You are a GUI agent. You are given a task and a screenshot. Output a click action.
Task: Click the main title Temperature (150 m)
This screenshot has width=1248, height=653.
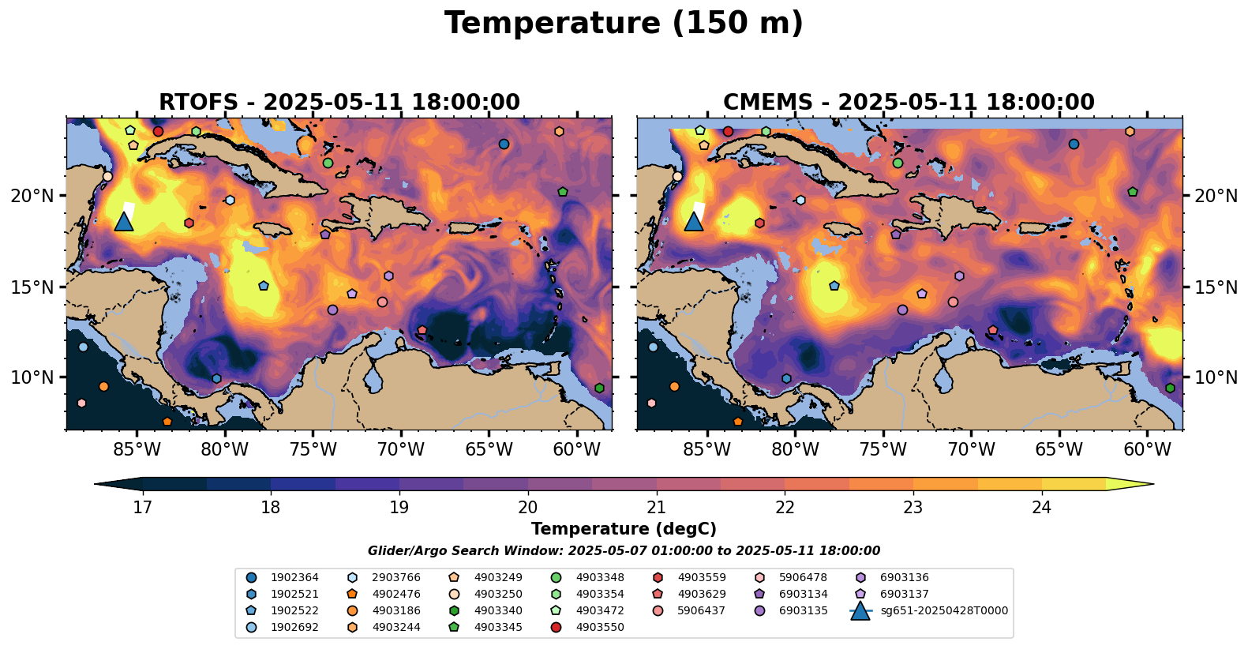624,24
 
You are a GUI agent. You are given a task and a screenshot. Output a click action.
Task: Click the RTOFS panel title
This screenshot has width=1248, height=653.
339,103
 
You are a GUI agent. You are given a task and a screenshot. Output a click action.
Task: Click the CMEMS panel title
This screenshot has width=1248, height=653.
909,103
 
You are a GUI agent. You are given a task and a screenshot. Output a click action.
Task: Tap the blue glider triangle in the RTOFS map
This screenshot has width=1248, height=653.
124,221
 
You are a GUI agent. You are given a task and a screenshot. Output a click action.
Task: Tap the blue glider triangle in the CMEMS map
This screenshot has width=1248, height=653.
694,221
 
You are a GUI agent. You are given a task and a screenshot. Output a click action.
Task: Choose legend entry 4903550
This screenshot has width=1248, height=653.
599,628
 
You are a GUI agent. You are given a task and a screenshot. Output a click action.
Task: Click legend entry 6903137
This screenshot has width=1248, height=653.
904,595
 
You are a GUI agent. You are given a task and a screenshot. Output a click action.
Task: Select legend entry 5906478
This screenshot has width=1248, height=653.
803,578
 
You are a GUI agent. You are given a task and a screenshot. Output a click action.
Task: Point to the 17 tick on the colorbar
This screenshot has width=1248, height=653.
142,507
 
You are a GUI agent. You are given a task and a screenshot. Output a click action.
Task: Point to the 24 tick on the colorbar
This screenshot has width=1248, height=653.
1042,507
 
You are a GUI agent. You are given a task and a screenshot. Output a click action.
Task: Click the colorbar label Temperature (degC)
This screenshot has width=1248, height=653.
624,529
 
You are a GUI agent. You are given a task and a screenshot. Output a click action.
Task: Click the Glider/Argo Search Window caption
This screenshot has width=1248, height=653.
624,551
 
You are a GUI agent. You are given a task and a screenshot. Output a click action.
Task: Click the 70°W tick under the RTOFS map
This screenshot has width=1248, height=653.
401,450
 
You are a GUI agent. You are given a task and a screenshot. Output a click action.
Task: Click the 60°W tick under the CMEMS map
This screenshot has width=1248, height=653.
1147,450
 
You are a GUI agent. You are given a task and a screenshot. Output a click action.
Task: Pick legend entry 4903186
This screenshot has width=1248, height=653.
395,611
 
